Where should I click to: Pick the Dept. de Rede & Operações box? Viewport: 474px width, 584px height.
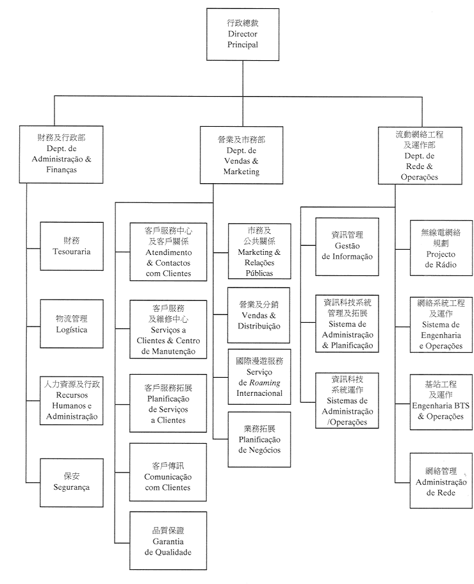point(420,154)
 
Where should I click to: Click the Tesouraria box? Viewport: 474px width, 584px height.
point(71,247)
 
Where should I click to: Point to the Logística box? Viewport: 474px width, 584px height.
point(71,324)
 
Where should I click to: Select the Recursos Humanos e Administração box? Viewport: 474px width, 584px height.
point(71,400)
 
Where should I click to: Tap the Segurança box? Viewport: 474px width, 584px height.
point(71,482)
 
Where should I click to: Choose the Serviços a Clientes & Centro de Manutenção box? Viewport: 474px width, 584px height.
point(169,329)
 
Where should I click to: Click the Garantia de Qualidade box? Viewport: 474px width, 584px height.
point(169,540)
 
